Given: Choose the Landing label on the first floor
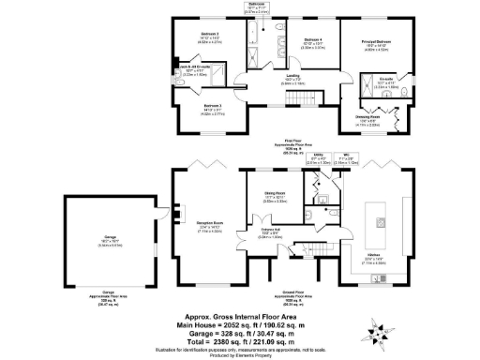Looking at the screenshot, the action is tap(292, 76).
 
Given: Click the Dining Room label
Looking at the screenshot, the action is tap(274, 194).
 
